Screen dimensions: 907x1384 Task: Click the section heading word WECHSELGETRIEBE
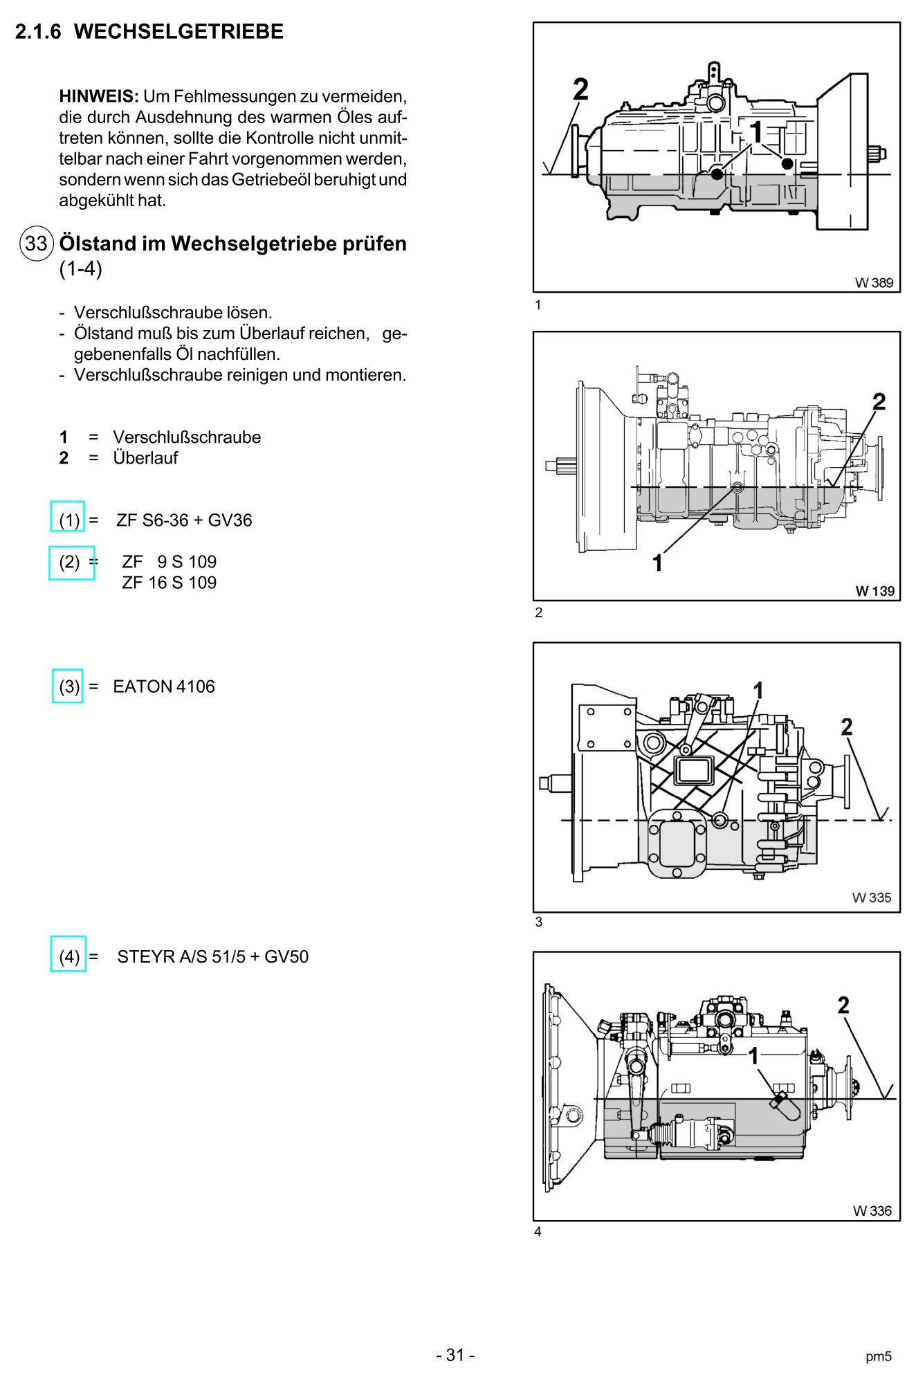(x=178, y=32)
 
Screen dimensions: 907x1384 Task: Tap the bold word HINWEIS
(x=99, y=96)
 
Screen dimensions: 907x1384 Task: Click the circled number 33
(x=36, y=244)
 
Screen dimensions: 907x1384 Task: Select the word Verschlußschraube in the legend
(x=187, y=437)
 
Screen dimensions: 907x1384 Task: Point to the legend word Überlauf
(x=145, y=457)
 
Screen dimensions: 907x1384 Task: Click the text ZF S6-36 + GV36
(x=184, y=520)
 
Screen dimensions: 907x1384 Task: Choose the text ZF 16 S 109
(x=170, y=583)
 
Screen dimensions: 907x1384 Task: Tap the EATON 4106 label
(x=164, y=686)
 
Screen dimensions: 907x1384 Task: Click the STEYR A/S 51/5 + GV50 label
(x=213, y=957)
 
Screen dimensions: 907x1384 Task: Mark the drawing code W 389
(x=874, y=282)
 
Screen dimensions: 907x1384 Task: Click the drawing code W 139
(x=874, y=591)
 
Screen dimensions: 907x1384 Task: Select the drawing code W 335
(x=872, y=898)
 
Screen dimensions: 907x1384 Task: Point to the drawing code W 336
(x=872, y=1211)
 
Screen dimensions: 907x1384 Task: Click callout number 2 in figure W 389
(x=581, y=89)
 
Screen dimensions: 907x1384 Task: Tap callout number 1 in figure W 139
(x=658, y=563)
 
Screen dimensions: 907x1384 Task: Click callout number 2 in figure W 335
(x=847, y=727)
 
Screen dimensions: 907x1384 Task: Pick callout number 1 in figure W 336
(x=754, y=1056)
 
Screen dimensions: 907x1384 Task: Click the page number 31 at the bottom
(x=455, y=1355)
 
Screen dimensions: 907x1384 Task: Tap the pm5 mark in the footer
(x=879, y=1357)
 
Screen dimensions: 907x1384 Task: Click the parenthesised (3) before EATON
(x=69, y=686)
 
